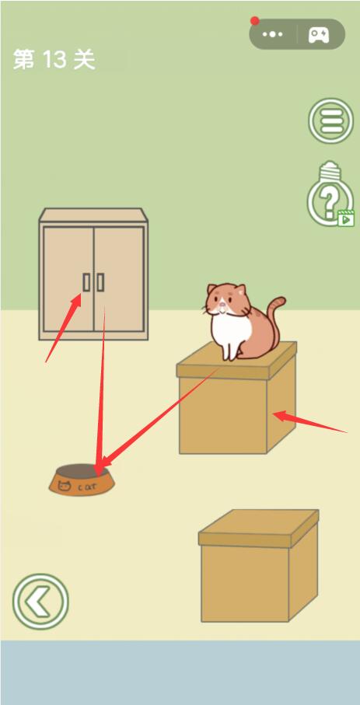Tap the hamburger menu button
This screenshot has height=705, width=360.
pyautogui.click(x=330, y=120)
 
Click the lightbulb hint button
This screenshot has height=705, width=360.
pyautogui.click(x=330, y=194)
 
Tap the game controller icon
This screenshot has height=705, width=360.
pyautogui.click(x=319, y=35)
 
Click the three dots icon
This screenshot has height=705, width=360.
pyautogui.click(x=273, y=34)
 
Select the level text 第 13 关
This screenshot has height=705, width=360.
pyautogui.click(x=54, y=59)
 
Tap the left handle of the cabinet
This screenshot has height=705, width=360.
pyautogui.click(x=86, y=282)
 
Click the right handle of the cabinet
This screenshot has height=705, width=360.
pyautogui.click(x=101, y=282)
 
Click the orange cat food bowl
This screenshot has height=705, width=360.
pyautogui.click(x=82, y=480)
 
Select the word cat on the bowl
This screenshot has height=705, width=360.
pyautogui.click(x=87, y=487)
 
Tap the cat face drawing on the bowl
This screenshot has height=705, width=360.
pyautogui.click(x=65, y=486)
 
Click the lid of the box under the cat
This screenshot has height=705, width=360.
pyautogui.click(x=236, y=361)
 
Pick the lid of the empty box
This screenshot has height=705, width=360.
pyautogui.click(x=259, y=529)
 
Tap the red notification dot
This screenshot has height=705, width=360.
pyautogui.click(x=255, y=21)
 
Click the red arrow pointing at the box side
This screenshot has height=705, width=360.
pyautogui.click(x=310, y=422)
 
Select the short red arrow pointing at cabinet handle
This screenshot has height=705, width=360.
pyautogui.click(x=64, y=327)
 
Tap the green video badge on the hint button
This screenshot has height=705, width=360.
pyautogui.click(x=345, y=219)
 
